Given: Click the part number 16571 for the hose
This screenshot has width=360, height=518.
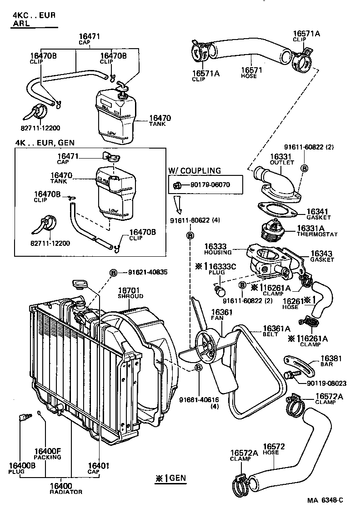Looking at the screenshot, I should point(249,70).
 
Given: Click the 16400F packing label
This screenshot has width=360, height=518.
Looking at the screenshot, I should point(47,452).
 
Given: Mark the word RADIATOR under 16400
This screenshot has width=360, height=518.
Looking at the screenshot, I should point(66,492).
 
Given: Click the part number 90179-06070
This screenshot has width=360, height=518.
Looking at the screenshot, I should point(204,185).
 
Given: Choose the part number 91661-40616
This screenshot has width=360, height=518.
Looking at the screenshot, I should point(199,400).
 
